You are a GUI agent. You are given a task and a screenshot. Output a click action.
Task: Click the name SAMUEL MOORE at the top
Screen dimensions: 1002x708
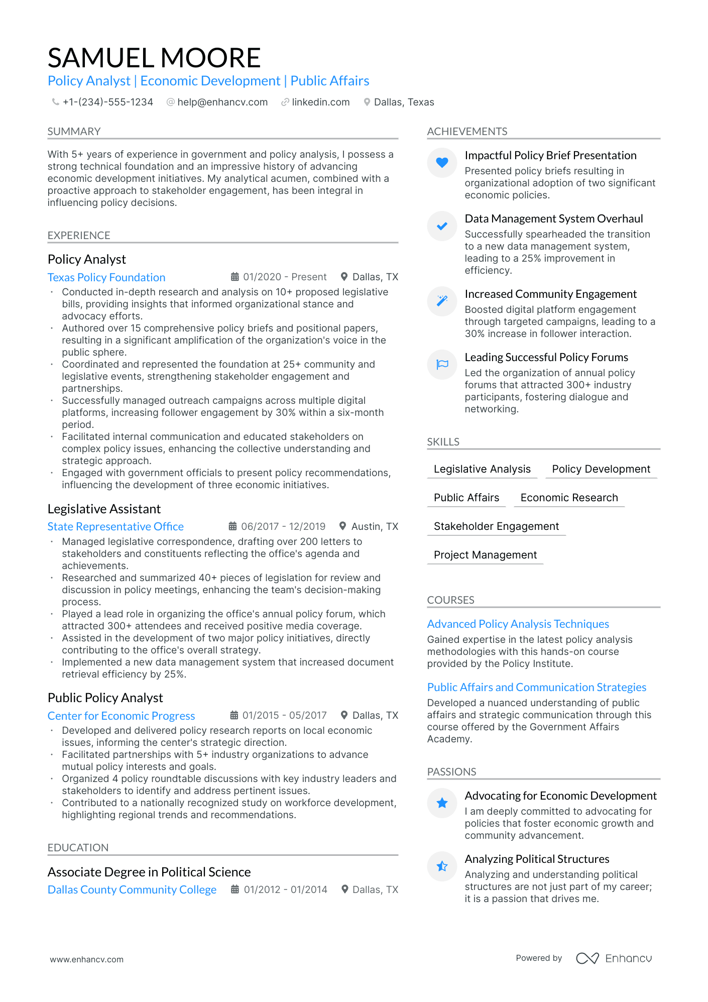(x=154, y=58)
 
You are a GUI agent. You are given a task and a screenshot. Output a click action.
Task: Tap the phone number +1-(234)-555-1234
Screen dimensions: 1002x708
(x=107, y=102)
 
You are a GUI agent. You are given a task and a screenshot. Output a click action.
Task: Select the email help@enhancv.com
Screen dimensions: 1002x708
(x=222, y=102)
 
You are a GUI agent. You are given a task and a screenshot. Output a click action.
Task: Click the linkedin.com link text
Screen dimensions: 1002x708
(x=320, y=102)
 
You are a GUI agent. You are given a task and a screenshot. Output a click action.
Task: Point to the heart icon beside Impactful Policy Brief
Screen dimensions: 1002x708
(x=442, y=162)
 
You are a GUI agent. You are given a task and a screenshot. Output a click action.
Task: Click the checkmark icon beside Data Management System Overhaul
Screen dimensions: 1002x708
(x=442, y=226)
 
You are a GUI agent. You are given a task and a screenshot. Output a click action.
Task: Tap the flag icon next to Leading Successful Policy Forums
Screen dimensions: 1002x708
(x=442, y=364)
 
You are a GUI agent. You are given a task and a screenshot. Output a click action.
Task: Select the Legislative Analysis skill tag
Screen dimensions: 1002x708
(x=482, y=469)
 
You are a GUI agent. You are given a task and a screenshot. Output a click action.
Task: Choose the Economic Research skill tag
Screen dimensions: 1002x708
(x=569, y=497)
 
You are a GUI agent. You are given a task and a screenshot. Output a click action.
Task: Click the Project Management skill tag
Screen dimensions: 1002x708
(x=485, y=554)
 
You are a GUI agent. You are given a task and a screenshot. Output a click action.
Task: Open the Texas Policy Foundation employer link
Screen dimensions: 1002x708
(x=106, y=277)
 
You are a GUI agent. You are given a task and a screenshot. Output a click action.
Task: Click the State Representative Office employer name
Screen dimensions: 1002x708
(x=115, y=526)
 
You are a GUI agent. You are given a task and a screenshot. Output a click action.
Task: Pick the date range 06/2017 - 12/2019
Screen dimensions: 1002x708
(x=283, y=526)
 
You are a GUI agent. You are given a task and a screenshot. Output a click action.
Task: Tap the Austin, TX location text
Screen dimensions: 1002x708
(x=375, y=526)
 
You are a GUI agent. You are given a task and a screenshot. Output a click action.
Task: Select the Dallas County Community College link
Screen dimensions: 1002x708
(x=132, y=889)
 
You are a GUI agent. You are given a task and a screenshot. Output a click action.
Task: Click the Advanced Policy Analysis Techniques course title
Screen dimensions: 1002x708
(x=518, y=624)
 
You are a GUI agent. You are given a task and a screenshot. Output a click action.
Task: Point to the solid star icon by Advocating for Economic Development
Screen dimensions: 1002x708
(x=442, y=803)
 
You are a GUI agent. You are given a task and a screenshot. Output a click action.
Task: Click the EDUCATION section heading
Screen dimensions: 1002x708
(x=78, y=847)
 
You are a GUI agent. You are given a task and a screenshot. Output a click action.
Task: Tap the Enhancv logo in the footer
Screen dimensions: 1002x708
(x=614, y=958)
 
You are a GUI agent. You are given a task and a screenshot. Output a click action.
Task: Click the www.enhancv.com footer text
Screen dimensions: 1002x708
(x=86, y=959)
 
